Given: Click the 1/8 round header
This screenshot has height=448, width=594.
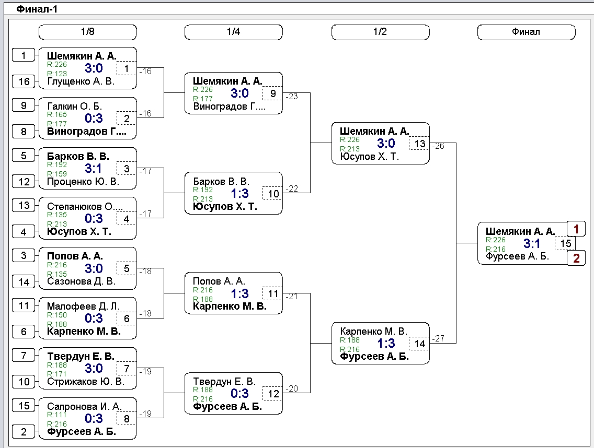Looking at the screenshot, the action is click(87, 32).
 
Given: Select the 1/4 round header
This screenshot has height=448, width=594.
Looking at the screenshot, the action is click(233, 32).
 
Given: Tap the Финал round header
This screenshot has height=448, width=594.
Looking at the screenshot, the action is click(526, 32).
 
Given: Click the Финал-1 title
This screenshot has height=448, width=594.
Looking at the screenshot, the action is click(37, 9).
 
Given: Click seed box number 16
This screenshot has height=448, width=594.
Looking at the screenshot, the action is click(24, 81).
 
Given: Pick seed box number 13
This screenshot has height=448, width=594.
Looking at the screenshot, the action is click(24, 205).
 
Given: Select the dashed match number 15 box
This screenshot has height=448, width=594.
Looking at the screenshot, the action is click(565, 243).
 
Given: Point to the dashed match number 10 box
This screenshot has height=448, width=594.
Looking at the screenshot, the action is click(273, 193).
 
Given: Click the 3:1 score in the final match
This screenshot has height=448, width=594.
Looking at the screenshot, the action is click(531, 243).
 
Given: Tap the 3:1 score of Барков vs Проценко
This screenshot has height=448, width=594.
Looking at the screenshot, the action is click(93, 168).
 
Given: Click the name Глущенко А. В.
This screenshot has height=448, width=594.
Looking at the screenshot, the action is click(81, 81).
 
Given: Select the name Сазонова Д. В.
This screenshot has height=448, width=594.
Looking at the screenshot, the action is click(81, 281).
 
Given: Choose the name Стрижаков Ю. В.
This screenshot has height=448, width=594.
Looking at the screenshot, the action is click(86, 381).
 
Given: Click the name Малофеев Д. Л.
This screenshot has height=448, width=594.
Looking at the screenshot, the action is click(83, 306).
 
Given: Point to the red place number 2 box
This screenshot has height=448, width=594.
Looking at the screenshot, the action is click(576, 258).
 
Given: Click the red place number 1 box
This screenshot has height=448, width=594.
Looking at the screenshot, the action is click(576, 229).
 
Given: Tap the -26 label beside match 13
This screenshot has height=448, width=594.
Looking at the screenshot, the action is click(438, 146).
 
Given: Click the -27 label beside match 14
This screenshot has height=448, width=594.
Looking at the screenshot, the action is click(438, 338).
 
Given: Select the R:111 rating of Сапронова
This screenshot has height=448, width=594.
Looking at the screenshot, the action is click(57, 415).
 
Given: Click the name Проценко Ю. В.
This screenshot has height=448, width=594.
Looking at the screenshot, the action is click(83, 182).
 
